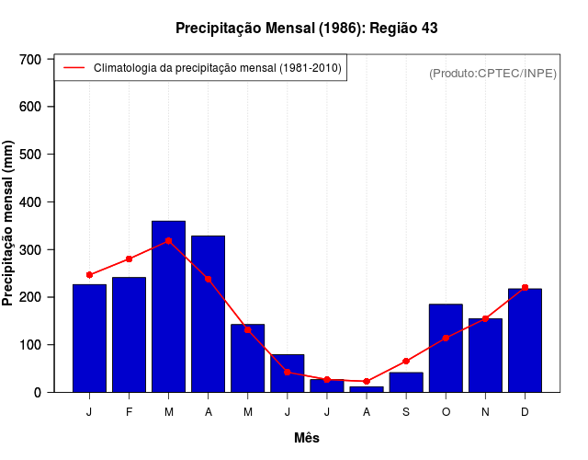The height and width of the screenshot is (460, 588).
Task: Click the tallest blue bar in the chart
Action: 168,306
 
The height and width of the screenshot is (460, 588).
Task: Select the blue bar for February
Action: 129,334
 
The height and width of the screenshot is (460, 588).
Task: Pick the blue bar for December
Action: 525,340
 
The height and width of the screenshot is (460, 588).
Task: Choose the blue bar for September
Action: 406,382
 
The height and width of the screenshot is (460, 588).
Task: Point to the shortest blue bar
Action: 367,389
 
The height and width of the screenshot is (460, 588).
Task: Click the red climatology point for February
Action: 129,259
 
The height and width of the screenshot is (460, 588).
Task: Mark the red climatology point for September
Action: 406,362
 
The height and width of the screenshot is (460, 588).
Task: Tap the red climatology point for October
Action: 446,339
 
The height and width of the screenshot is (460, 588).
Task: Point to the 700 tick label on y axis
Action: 30,60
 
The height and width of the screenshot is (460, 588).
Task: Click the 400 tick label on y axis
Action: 30,202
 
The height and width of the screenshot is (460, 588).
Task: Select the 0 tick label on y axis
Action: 38,393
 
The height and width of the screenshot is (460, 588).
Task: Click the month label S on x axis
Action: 406,412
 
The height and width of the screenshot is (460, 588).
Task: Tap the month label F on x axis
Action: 129,412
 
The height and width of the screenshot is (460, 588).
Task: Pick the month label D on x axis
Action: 525,412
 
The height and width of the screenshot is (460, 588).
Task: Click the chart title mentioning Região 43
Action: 306,29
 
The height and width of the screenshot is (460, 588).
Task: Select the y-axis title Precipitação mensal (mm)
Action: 9,224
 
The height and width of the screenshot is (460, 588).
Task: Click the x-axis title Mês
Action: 306,438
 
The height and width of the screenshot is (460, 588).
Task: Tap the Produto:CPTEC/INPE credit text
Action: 492,73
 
